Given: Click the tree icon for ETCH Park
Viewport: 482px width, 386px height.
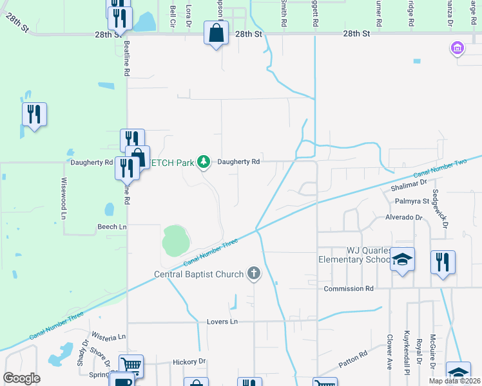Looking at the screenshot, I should tap(204, 161).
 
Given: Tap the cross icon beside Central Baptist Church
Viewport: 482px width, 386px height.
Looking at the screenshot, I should tap(254, 274).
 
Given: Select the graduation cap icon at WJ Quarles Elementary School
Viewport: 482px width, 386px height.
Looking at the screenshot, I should tap(403, 260).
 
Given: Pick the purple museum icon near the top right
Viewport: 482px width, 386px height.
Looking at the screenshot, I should tap(458, 48).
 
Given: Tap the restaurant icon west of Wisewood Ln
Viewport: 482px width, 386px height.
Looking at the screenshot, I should tap(34, 115).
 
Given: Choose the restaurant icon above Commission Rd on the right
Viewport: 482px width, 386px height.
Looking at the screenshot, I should tap(443, 262).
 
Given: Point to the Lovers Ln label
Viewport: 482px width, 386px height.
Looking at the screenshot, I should tap(222, 321).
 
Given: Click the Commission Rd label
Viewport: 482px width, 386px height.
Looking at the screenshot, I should tap(349, 289).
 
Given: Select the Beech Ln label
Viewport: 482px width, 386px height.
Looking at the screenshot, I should tap(112, 227).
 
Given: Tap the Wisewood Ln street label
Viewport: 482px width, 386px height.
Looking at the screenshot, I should tap(64, 199).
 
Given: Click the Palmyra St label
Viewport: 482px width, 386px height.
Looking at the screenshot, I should tap(412, 201).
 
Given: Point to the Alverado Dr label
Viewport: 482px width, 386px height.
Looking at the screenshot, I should tap(404, 217).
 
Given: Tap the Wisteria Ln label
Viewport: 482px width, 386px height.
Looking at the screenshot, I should tap(108, 336).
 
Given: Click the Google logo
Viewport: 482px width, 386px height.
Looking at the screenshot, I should tap(22, 378).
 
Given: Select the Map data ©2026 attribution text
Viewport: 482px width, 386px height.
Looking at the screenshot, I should tap(454, 381).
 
